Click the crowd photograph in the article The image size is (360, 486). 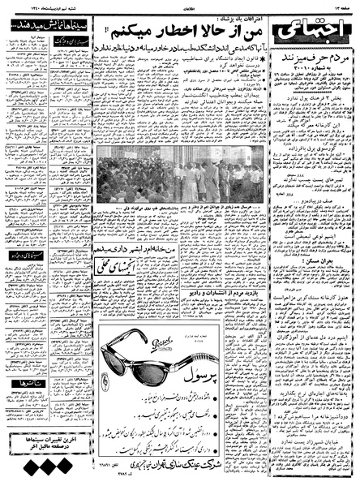tap(179, 173)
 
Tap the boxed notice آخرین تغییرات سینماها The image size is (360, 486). tap(40, 441)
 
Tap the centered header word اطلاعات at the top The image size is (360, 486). tap(181, 5)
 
